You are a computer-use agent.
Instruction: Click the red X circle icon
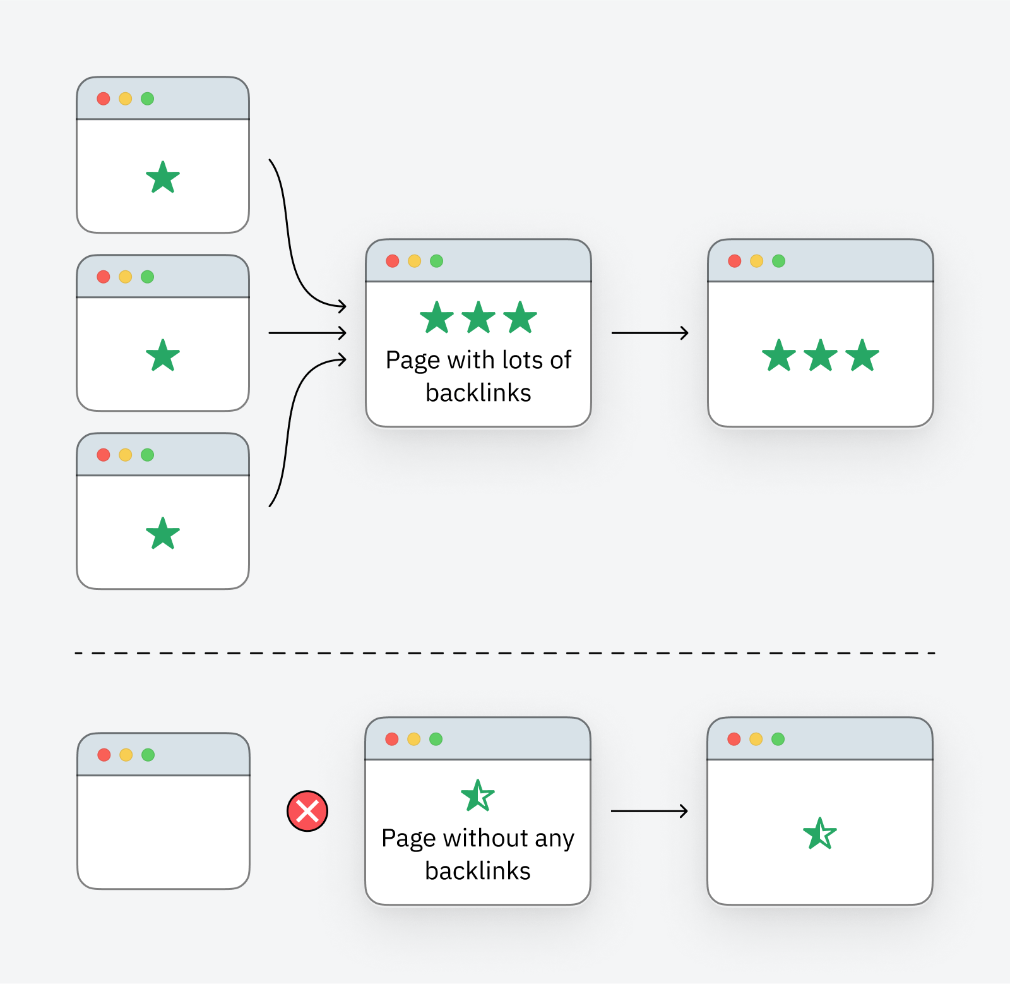tap(307, 811)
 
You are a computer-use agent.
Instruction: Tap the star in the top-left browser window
tap(163, 177)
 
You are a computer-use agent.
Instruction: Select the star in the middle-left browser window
tap(163, 356)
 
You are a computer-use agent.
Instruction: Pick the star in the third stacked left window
tap(163, 534)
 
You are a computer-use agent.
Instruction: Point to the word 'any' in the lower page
tap(554, 840)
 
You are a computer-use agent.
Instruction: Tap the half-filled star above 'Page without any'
tap(478, 796)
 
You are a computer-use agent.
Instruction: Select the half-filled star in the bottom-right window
tap(819, 834)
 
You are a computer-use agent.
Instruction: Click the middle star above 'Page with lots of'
tap(478, 318)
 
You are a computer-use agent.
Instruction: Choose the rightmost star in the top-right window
tap(862, 356)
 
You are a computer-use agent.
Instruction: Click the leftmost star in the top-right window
tap(779, 356)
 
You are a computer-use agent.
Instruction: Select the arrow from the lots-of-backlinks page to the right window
tap(650, 333)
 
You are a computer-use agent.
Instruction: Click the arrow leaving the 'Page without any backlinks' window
tap(649, 811)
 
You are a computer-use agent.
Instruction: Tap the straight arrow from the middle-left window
tap(307, 333)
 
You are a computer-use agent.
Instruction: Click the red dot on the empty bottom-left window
tap(104, 755)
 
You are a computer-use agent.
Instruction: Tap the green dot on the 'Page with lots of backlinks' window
tap(436, 261)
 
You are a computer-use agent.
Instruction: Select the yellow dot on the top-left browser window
tap(126, 99)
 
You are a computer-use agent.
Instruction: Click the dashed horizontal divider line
tap(505, 653)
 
